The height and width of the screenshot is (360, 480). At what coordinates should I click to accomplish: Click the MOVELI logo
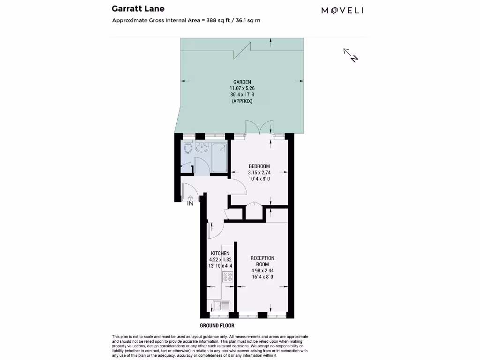coord(342,10)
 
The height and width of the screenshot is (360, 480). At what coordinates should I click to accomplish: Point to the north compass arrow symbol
coord(351,55)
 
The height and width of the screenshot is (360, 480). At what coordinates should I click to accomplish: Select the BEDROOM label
coord(259,166)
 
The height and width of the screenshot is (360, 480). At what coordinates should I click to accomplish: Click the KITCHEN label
coord(220,253)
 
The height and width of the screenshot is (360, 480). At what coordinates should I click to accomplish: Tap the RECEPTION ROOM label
coord(262,261)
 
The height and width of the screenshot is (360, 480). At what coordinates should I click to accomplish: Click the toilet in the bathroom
coord(187,149)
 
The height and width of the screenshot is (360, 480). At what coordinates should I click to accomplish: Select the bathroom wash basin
coord(202,149)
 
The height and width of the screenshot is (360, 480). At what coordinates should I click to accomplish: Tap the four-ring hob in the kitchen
coord(228,277)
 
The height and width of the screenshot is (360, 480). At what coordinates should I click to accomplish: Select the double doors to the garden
coord(259,127)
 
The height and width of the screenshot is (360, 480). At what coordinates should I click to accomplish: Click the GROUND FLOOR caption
coord(217,325)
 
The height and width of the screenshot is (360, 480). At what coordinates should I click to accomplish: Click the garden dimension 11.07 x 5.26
coord(242,88)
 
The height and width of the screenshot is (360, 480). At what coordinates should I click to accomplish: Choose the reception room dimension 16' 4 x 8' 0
coord(262,277)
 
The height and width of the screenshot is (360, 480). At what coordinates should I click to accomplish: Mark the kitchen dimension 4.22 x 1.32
coord(220,259)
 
